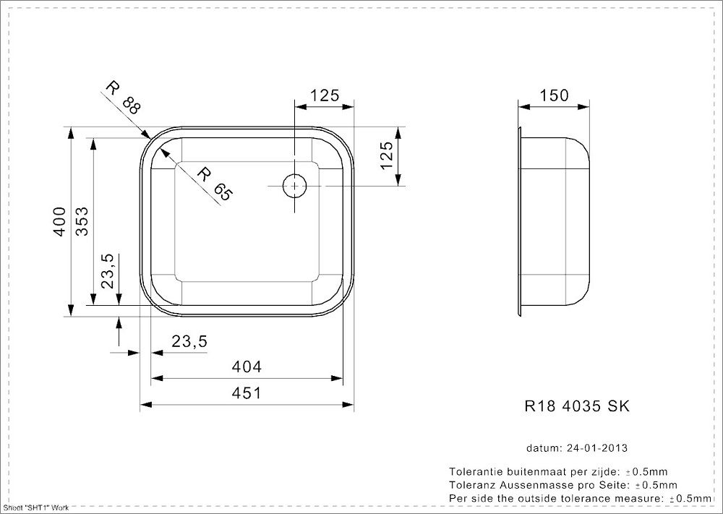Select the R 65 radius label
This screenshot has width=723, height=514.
(x=215, y=184)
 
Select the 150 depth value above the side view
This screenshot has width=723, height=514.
(x=555, y=95)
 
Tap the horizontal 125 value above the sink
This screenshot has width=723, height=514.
(x=325, y=95)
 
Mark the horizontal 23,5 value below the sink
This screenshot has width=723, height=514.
(x=189, y=342)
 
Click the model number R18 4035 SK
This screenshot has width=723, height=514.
(x=576, y=406)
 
